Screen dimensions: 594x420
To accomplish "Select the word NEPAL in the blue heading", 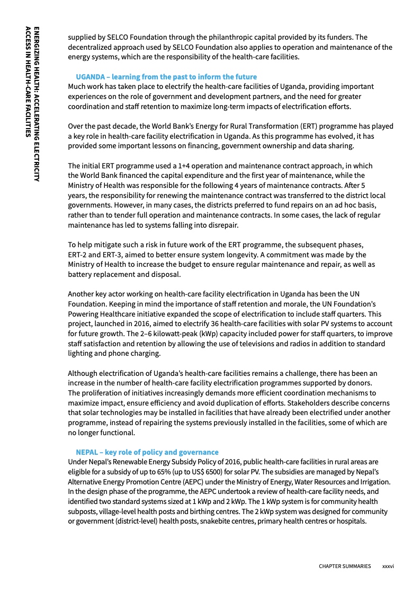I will click(x=87, y=452).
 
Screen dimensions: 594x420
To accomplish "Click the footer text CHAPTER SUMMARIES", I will click(x=345, y=566).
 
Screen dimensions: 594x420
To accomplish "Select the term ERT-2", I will click(x=78, y=255).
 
